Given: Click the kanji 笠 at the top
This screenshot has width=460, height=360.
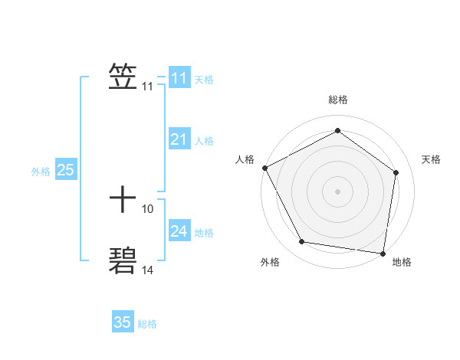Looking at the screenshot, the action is (123, 77).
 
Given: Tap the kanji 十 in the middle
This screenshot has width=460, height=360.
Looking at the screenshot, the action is (123, 201).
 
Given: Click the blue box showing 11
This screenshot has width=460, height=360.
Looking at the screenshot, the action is (179, 78).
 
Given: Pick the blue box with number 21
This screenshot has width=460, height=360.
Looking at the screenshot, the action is (179, 139).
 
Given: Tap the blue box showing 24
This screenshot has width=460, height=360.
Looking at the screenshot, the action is (179, 231).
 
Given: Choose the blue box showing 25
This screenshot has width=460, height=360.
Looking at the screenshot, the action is (65, 170).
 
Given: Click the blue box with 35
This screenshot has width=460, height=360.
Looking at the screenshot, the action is (123, 322).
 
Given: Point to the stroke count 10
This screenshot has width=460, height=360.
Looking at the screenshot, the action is (148, 208).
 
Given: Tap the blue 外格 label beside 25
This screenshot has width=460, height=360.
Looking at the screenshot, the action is (41, 172).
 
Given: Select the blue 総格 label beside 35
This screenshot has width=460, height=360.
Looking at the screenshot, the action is (147, 324).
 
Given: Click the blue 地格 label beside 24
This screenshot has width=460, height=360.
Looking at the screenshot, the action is (204, 233).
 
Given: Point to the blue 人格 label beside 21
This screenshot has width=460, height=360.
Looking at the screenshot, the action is (204, 141).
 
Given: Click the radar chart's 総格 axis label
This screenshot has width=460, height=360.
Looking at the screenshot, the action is (338, 100).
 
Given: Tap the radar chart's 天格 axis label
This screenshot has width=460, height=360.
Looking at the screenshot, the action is (431, 159).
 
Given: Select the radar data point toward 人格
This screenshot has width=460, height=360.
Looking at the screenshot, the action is (264, 168).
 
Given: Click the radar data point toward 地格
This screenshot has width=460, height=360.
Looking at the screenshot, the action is (383, 253).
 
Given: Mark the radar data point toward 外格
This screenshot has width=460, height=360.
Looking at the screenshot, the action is (302, 242).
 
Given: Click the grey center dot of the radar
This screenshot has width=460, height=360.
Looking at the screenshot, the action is (338, 191).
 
